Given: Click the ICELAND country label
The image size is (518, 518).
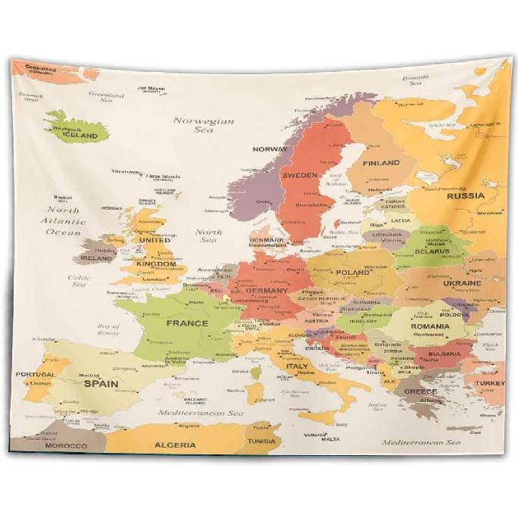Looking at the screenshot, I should [80, 136].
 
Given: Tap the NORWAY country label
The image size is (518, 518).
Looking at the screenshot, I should [270, 149].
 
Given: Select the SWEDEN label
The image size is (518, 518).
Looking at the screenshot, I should [300, 175].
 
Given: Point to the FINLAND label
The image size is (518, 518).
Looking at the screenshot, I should [381, 163].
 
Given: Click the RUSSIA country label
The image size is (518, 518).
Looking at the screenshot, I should [465, 195].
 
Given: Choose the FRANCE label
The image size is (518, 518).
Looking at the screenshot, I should [187, 323].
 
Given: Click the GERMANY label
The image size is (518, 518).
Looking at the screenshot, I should [267, 291].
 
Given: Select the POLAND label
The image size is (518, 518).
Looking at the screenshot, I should [352, 273].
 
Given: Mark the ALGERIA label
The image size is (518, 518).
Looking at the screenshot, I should [175, 445].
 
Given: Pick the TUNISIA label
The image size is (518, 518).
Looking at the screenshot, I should [261, 441].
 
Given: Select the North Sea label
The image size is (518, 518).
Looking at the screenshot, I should [208, 236].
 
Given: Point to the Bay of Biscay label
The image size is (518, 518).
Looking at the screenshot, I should [108, 329].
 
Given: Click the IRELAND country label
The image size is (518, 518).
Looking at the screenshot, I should [96, 258].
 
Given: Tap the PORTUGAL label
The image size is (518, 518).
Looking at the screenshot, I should [36, 374].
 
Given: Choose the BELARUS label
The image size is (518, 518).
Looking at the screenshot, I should [432, 251].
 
